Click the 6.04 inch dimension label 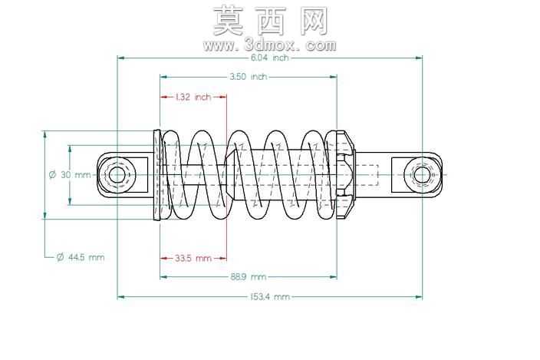point(269,58)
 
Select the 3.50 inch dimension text point(249,77)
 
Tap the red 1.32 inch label point(193,97)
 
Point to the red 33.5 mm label point(193,258)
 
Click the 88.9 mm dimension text point(249,276)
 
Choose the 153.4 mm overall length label point(270,296)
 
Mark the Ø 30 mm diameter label point(70,175)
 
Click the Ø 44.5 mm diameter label point(81,257)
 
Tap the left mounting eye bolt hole point(117,175)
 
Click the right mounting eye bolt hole point(422,175)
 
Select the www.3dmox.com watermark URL point(270,45)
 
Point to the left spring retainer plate point(157,175)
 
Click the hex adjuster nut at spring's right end point(345,175)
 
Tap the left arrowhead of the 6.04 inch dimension point(121,58)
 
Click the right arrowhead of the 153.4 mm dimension point(419,296)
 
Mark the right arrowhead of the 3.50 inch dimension point(334,77)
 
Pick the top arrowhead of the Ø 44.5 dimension point(44,134)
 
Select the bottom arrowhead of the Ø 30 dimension point(70,202)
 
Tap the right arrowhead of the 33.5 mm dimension point(223,258)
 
